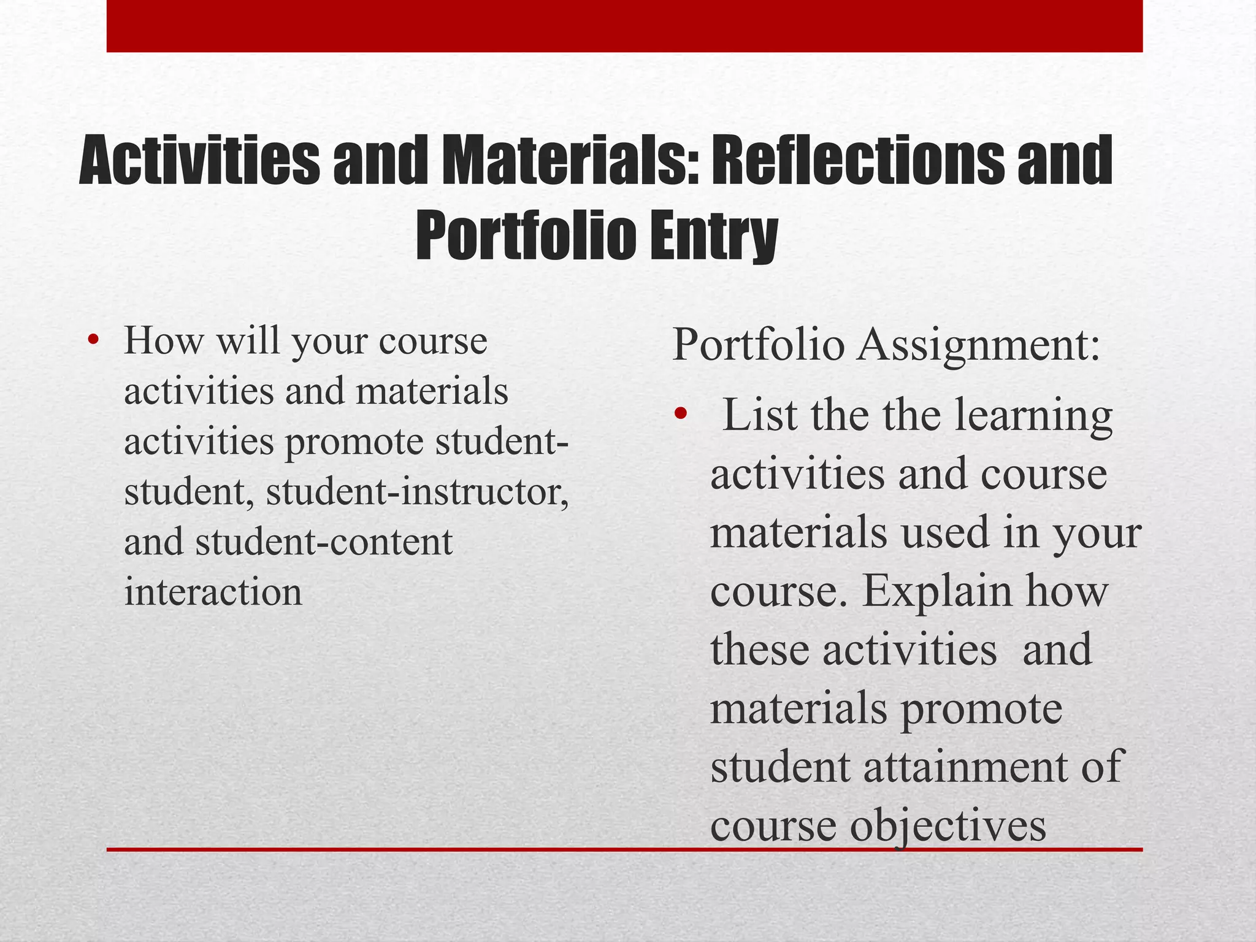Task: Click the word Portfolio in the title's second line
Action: point(524,236)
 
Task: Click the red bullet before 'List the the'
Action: point(680,415)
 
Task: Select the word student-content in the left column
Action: point(324,542)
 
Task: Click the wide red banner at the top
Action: point(624,26)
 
